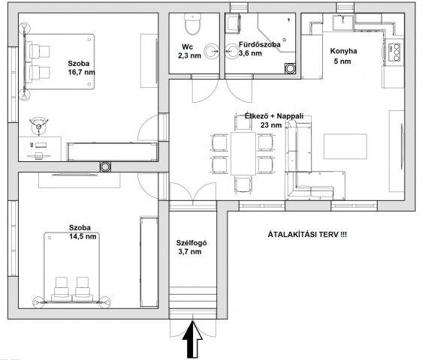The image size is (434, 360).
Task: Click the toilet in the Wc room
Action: coord(192,24)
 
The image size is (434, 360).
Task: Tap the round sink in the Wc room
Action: coord(212,52)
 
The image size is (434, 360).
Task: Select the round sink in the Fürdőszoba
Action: coord(232,52)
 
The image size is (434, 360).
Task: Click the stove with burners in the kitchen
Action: coord(394,52)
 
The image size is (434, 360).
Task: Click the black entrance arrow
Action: coord(192,339)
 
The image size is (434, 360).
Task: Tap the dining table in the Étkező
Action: coord(243,154)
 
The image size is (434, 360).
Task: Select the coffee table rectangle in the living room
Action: coord(345,146)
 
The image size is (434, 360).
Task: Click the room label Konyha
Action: coord(343,51)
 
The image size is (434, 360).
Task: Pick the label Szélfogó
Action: coord(191,243)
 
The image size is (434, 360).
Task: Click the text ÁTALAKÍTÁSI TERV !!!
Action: coord(307,235)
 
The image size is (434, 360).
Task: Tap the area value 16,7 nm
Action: coord(82,73)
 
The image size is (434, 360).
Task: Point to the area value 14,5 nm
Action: coord(83,236)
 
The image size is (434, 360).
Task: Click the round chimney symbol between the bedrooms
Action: coord(105,166)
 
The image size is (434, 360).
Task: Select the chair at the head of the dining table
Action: coord(243,123)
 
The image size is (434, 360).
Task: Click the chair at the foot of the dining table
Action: coord(243,184)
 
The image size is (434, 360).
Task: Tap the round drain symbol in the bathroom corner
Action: coord(290,68)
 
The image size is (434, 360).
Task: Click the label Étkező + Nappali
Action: coord(274,116)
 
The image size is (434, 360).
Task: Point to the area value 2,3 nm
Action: coord(190,55)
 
